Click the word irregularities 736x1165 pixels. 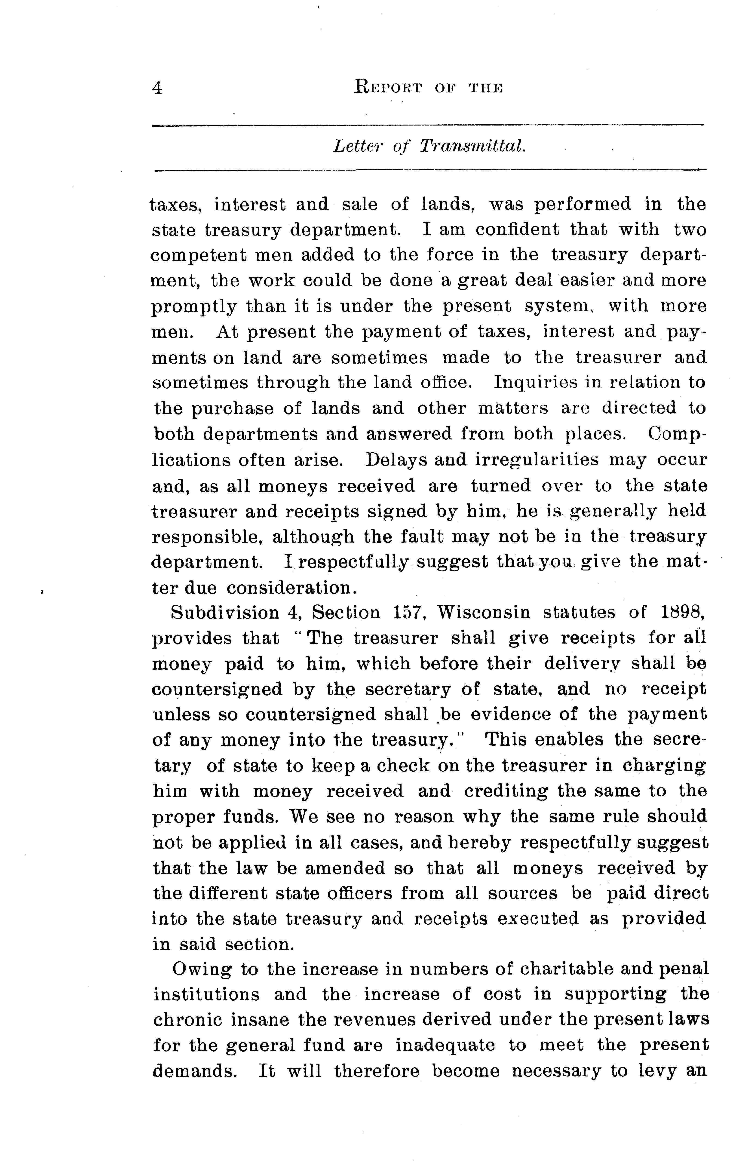537,459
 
